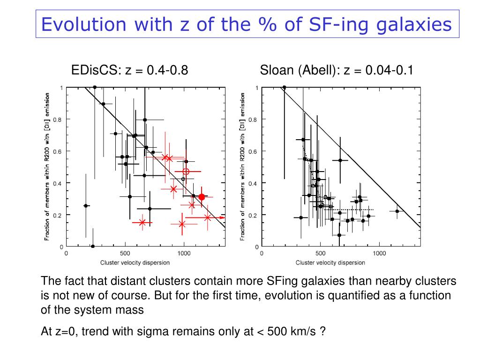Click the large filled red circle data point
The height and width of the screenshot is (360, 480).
tap(202, 197)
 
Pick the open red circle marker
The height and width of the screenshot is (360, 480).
tap(186, 172)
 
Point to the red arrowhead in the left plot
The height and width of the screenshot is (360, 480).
tap(222, 217)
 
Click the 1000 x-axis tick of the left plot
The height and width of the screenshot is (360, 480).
tap(184, 253)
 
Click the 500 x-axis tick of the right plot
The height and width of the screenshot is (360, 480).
tap(321, 253)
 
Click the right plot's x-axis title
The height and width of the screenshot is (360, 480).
tap(330, 262)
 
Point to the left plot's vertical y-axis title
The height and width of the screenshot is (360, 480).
tap(47, 166)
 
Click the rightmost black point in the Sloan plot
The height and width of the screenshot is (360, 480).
tap(397, 211)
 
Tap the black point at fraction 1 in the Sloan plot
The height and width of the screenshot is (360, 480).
tap(284, 87)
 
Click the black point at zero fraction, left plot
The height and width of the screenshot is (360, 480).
tap(93, 246)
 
